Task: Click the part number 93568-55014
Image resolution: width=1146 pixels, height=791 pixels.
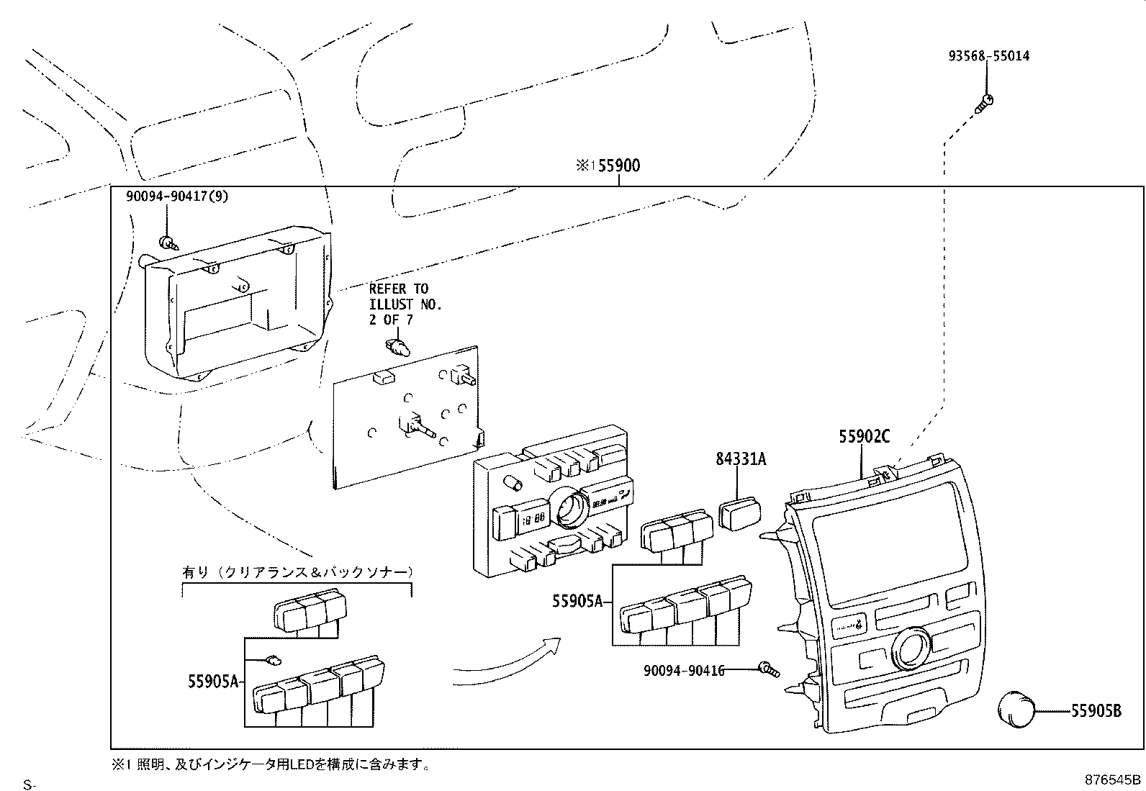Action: [988, 56]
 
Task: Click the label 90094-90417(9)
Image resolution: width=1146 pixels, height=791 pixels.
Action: [176, 196]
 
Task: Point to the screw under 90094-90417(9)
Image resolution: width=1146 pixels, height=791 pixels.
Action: [167, 243]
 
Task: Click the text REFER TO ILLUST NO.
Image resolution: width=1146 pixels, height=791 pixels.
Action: [405, 304]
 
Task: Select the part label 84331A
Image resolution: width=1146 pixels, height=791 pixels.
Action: [741, 458]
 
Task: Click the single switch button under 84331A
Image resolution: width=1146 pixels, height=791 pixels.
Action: [740, 515]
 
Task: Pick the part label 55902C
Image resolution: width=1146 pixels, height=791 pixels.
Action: [864, 436]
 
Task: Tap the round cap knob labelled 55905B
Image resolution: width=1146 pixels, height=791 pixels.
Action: [1015, 708]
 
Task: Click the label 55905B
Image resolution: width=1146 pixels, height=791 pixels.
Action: [1096, 711]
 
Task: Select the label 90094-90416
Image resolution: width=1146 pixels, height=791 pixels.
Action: [683, 671]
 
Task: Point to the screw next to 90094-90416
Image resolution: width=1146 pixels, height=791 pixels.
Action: [768, 670]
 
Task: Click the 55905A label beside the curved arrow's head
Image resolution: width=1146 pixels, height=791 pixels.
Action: [577, 600]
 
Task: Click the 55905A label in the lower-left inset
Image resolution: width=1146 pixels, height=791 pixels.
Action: [212, 680]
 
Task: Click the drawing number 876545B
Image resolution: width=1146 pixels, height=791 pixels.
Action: [1113, 779]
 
